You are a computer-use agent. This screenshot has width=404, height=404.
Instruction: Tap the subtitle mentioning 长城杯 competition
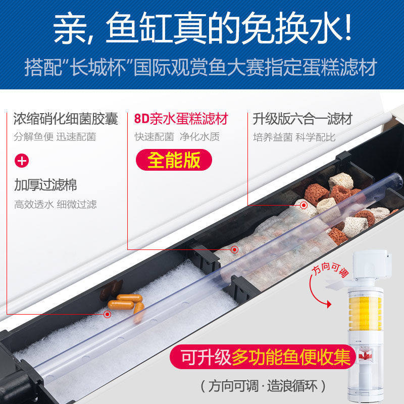tap(202, 68)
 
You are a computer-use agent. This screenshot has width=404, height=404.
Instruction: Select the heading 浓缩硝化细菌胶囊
tap(66, 119)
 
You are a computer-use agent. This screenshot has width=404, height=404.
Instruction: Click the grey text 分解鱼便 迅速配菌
tap(55, 137)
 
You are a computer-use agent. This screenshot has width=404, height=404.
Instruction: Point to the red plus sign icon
tap(22, 161)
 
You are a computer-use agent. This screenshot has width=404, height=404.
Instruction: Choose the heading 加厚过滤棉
tap(45, 185)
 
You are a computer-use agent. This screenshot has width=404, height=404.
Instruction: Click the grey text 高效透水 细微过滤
tap(55, 205)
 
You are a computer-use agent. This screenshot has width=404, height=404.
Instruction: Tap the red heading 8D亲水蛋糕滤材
tap(181, 119)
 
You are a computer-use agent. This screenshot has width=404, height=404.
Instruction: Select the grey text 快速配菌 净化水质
tap(177, 137)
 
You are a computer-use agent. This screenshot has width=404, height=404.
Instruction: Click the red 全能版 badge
tap(174, 160)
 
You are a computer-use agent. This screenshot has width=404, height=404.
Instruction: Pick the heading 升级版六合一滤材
tap(302, 119)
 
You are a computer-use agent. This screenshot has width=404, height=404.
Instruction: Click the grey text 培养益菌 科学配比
tap(294, 137)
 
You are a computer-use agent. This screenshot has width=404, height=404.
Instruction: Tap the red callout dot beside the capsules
tap(107, 314)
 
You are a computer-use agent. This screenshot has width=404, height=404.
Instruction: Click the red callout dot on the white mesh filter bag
tap(234, 249)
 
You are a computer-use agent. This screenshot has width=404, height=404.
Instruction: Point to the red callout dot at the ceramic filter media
tap(304, 205)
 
